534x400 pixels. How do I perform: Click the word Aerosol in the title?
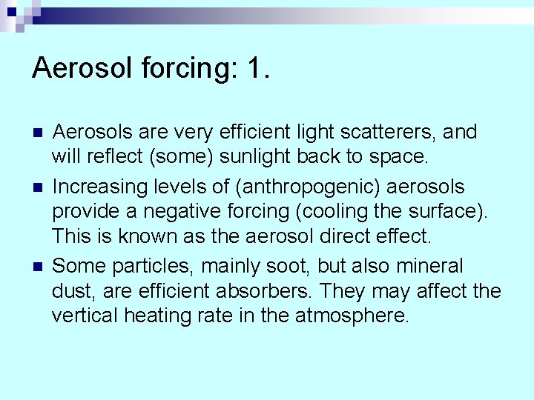(78, 68)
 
